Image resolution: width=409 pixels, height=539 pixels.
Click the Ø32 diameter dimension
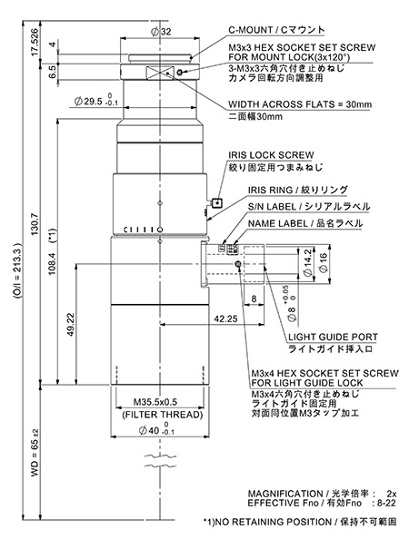point(161,32)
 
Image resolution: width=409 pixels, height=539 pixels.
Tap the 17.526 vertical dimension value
point(35,43)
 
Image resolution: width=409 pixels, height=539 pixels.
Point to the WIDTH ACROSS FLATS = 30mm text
point(300,104)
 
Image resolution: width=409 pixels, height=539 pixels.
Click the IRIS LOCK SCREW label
point(271,155)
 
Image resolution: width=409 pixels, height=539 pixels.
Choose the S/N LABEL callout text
point(272,207)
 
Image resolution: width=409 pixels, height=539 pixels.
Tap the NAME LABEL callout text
point(278,224)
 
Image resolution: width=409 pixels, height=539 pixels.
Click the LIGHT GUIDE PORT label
point(333,338)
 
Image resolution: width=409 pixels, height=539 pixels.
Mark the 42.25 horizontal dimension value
point(225,319)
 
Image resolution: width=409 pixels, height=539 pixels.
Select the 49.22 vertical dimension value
point(71,324)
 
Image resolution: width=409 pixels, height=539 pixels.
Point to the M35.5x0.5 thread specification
point(155,402)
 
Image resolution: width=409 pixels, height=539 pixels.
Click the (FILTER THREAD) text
point(163,415)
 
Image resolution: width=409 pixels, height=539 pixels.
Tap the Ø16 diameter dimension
point(324,263)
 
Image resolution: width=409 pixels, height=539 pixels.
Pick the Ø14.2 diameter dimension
point(307,262)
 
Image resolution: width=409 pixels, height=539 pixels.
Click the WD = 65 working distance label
point(35,453)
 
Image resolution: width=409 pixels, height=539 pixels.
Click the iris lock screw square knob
point(217,203)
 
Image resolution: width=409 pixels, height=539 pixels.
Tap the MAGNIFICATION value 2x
point(391,494)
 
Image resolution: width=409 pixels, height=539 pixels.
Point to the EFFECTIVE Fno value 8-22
point(386,504)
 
